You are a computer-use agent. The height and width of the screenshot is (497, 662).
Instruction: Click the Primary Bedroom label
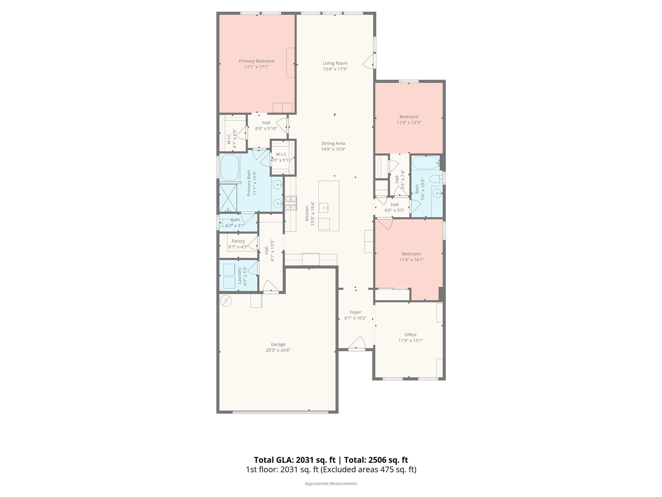point(256,61)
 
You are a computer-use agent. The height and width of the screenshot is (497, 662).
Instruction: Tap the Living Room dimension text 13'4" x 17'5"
point(335,69)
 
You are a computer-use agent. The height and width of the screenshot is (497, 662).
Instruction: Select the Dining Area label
point(333,143)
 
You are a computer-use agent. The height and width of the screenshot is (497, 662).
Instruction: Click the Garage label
point(278,344)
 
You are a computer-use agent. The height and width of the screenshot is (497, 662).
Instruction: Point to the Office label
point(411,335)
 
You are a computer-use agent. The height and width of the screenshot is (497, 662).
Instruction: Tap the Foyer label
point(355,312)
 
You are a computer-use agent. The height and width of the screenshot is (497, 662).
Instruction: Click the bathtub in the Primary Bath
point(230,168)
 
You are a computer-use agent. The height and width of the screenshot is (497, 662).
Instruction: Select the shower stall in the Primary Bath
point(228,198)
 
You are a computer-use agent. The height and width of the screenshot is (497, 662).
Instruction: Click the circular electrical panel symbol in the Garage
point(226,301)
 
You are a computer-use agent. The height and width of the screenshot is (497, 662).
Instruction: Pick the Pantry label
point(238,241)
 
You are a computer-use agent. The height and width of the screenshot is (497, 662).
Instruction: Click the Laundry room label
point(240,275)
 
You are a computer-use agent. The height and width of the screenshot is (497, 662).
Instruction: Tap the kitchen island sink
point(324,207)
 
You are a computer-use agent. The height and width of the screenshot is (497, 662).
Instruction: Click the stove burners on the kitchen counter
point(291,203)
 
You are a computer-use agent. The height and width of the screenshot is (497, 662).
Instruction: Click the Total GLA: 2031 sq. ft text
point(294,460)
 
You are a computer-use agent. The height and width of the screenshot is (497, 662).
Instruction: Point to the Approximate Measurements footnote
point(331,483)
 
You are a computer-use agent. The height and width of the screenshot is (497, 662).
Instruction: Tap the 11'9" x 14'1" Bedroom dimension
point(411,260)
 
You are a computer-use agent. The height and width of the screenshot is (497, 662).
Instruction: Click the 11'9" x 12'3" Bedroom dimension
point(409,123)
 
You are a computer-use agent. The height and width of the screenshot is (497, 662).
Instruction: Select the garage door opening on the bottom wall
point(280,412)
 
